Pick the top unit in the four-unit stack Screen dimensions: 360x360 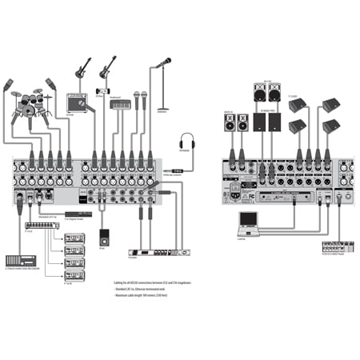[74, 238]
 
